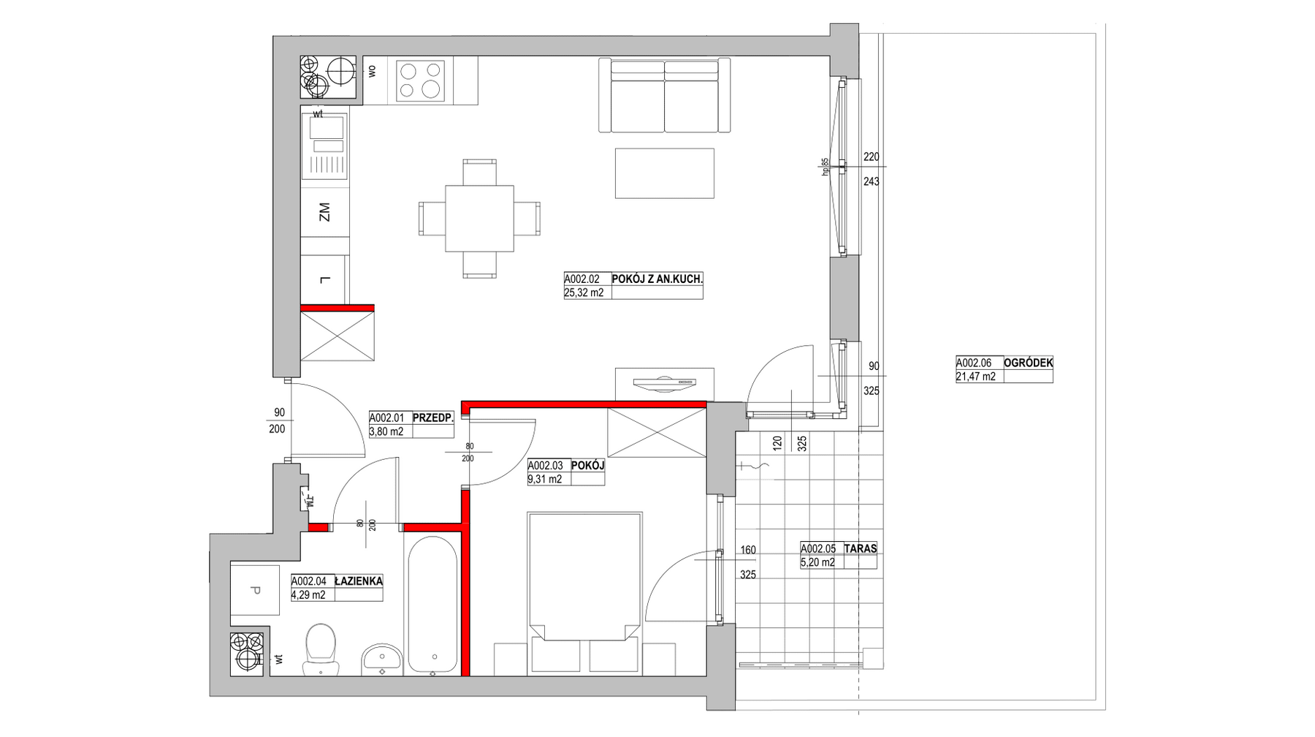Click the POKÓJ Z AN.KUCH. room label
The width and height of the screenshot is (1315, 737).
click(657, 279)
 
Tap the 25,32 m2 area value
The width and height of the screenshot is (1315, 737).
click(584, 293)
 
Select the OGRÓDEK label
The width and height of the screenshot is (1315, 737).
click(1029, 363)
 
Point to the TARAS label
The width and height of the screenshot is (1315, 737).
click(860, 548)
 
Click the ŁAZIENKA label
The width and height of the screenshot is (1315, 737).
click(358, 581)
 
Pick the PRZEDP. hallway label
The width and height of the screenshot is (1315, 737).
click(433, 418)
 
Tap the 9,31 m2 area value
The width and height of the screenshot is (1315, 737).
click(545, 480)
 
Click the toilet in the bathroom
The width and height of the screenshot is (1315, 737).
click(321, 649)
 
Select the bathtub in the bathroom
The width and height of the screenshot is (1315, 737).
click(432, 605)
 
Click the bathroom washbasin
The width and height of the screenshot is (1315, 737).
click(381, 657)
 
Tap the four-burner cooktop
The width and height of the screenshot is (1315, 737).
click(420, 80)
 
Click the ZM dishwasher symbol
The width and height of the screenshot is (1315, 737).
click(324, 213)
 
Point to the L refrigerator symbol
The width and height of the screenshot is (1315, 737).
click(324, 279)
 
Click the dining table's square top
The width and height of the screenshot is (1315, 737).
click(479, 219)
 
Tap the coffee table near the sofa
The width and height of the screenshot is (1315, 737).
click(664, 173)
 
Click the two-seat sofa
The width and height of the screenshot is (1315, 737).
click(664, 95)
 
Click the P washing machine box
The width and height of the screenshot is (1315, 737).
click(254, 591)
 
